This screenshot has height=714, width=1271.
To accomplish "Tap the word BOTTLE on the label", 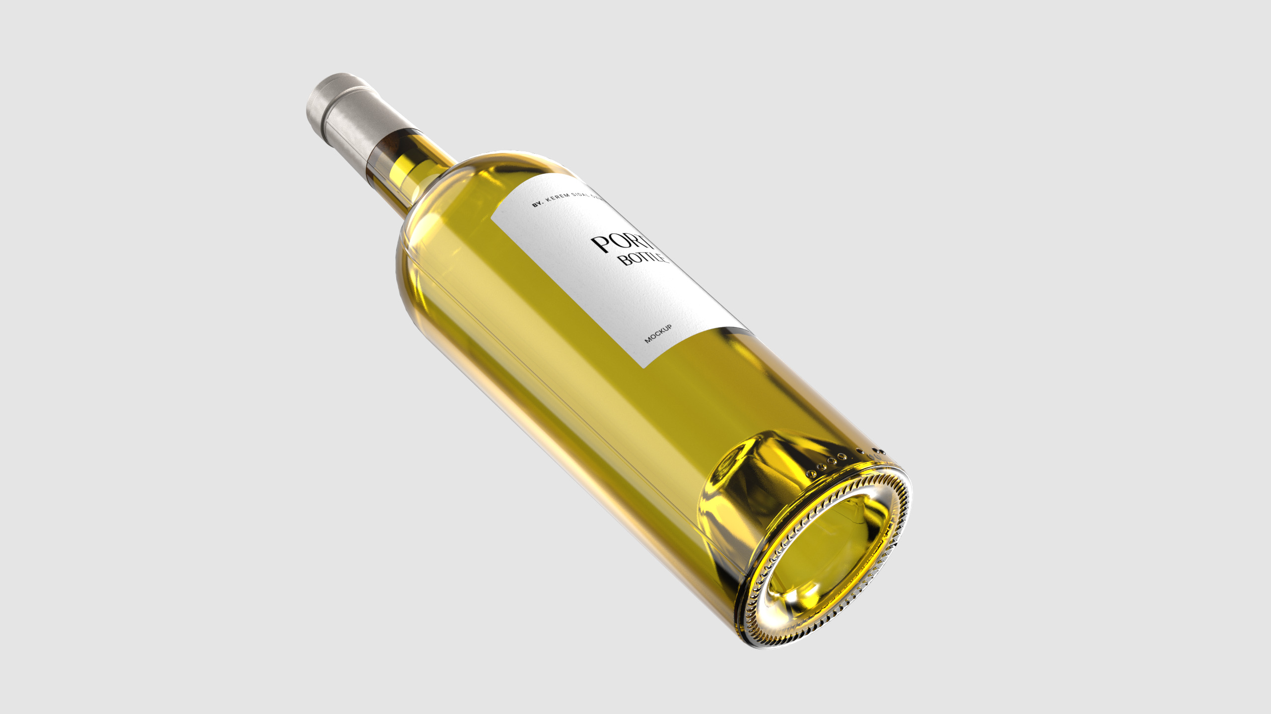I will tap(642, 258).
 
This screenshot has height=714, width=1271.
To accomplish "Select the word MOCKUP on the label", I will tap(658, 333).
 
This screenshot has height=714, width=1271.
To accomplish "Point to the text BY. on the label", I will tap(538, 203).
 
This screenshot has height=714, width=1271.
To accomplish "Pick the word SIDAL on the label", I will tap(580, 194).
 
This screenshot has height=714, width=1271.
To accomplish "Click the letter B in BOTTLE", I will tap(627, 260).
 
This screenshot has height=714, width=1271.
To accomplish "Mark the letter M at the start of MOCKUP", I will tap(647, 340).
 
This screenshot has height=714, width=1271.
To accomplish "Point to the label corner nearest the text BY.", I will tap(493, 217).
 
